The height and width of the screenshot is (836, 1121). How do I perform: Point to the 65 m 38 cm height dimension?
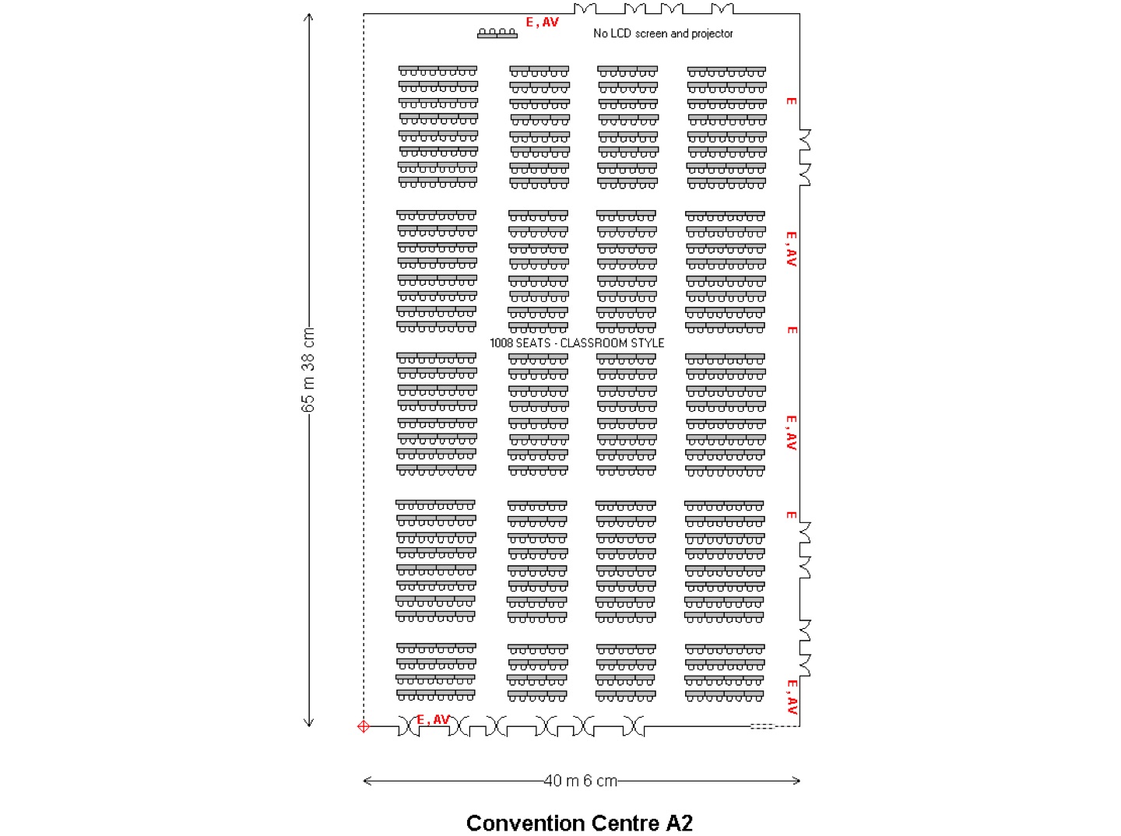pyautogui.click(x=308, y=370)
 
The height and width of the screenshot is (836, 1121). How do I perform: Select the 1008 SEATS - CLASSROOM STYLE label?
pyautogui.click(x=577, y=342)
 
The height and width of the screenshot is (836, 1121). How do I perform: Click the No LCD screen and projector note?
pyautogui.click(x=663, y=33)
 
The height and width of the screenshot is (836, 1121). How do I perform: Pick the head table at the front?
pyautogui.click(x=497, y=33)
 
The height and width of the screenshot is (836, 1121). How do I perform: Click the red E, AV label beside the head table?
pyautogui.click(x=543, y=22)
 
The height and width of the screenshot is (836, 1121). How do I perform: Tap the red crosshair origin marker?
pyautogui.click(x=363, y=726)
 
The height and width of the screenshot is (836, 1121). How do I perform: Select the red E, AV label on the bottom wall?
pyautogui.click(x=433, y=719)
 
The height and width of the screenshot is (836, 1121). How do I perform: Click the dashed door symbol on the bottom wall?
pyautogui.click(x=763, y=726)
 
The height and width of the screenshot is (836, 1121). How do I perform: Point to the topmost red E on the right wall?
pyautogui.click(x=791, y=101)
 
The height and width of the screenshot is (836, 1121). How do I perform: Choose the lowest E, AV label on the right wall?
pyautogui.click(x=791, y=697)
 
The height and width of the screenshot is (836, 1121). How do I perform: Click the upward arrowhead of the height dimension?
pyautogui.click(x=308, y=17)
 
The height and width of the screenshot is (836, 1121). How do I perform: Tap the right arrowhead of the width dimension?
pyautogui.click(x=796, y=780)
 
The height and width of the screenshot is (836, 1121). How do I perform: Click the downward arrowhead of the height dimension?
pyautogui.click(x=308, y=722)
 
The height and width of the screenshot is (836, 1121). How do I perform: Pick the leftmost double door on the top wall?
pyautogui.click(x=585, y=9)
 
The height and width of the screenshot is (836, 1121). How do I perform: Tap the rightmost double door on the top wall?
pyautogui.click(x=722, y=9)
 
